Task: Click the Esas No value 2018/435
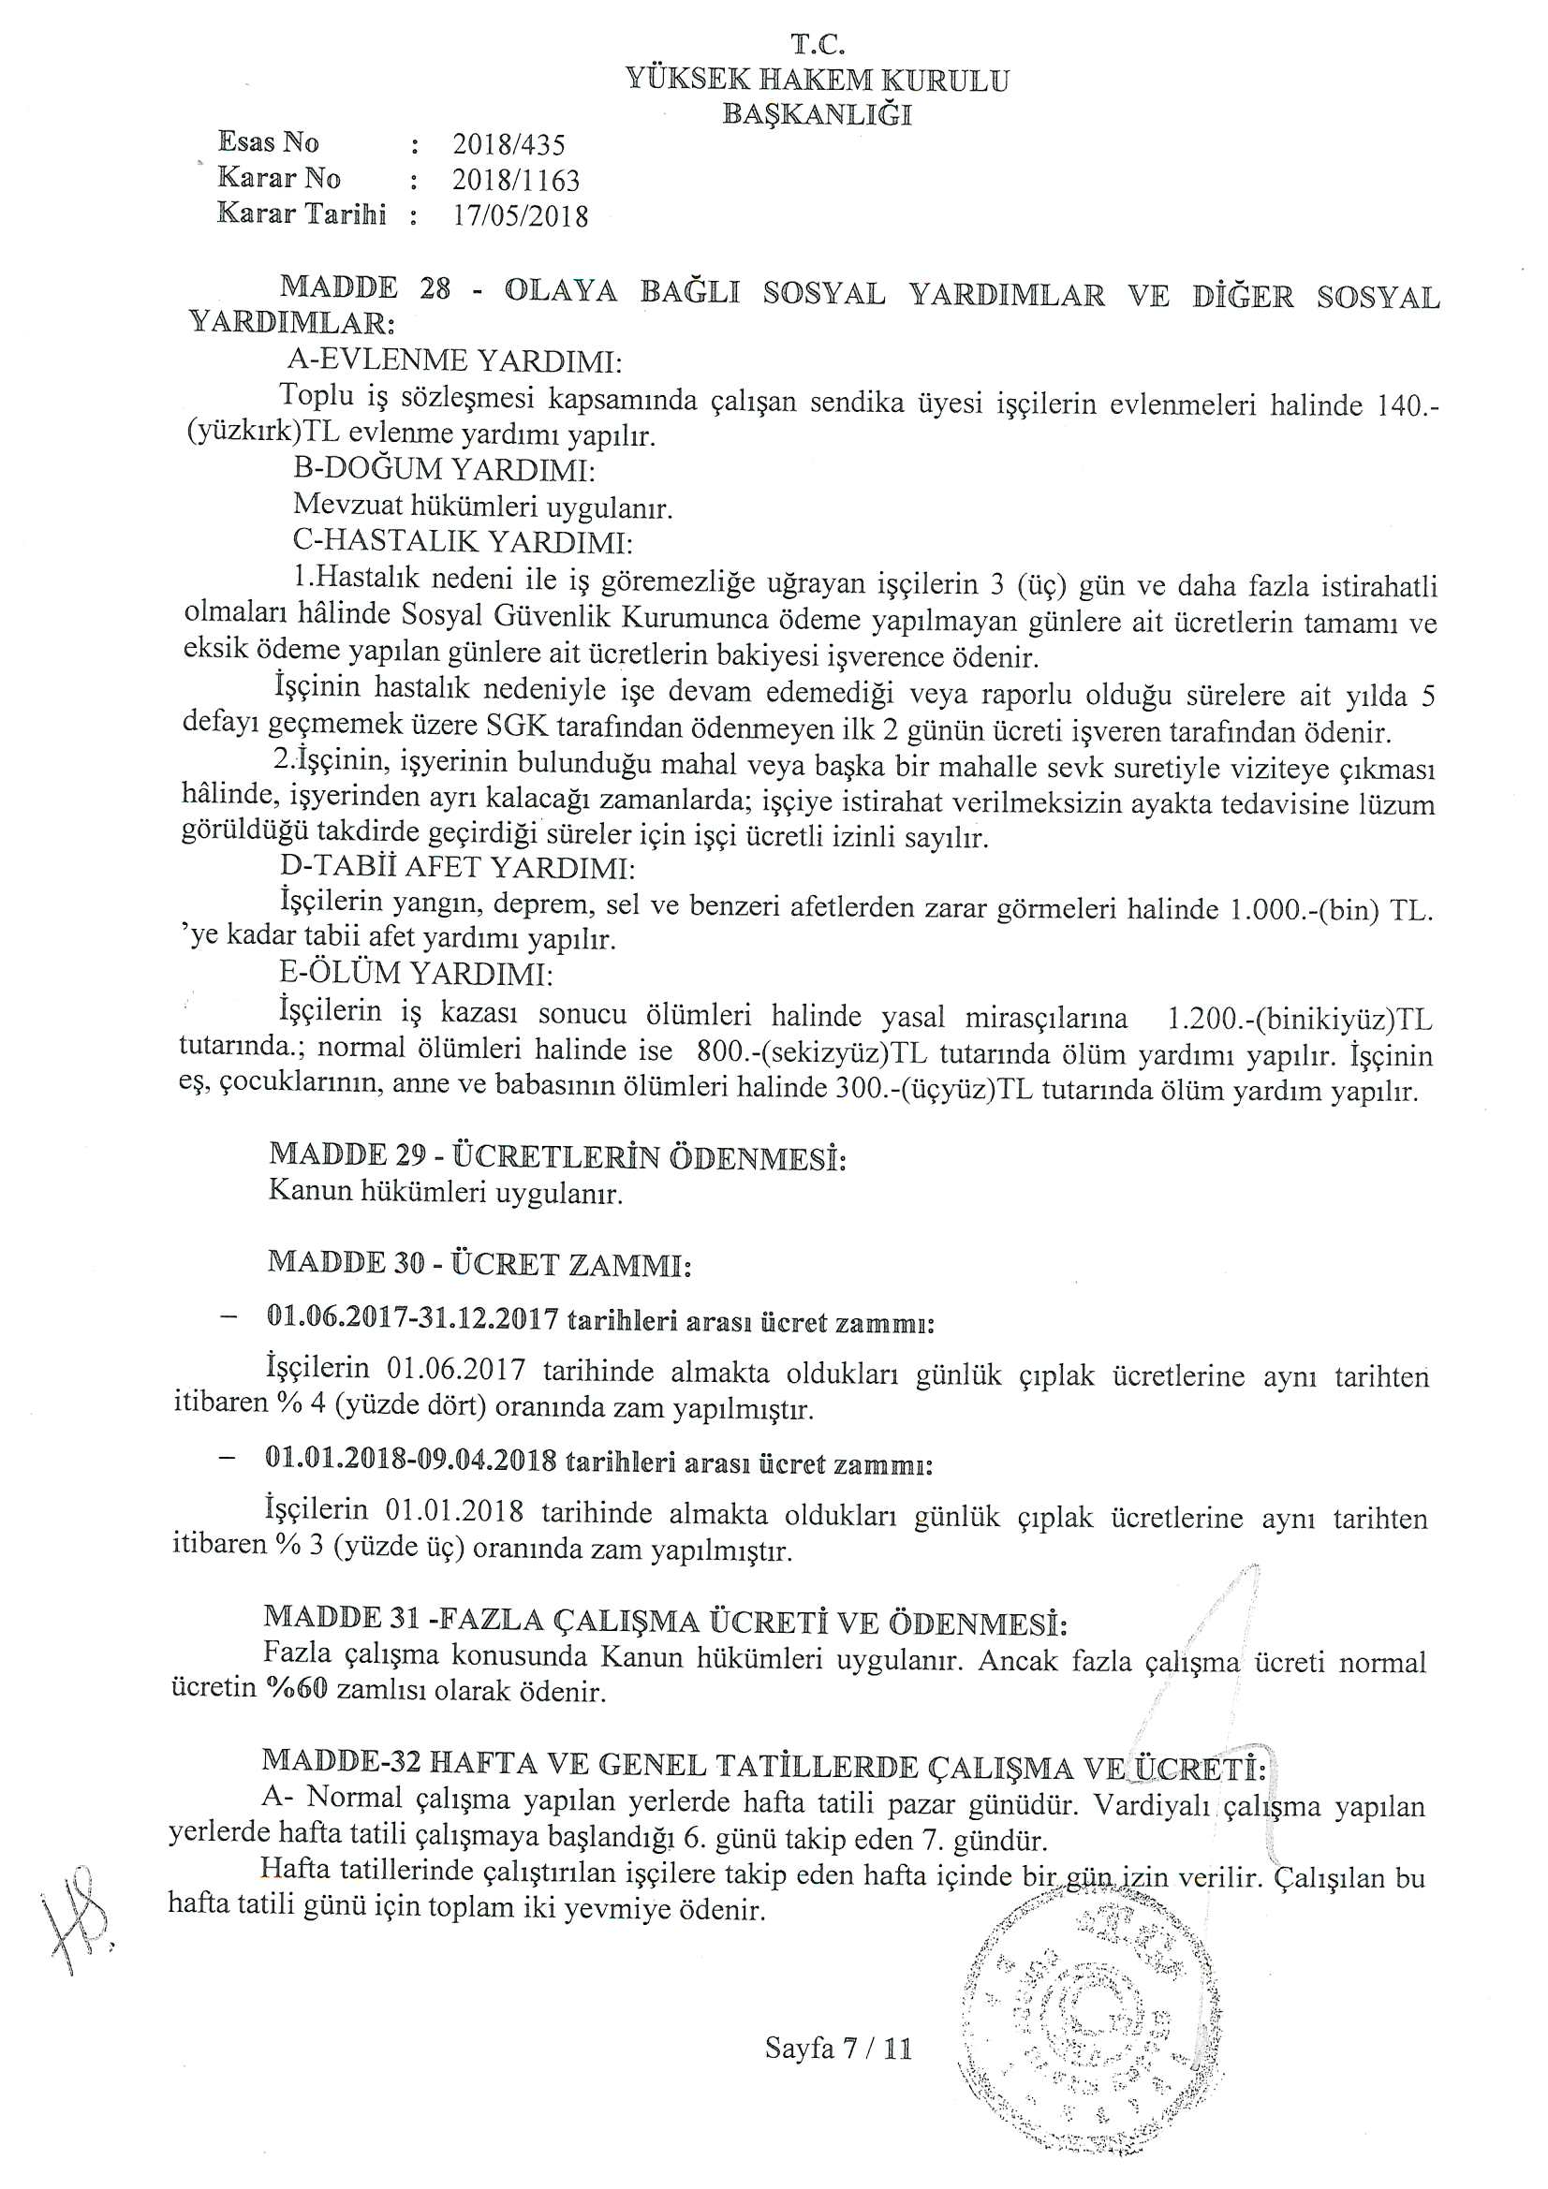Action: (509, 145)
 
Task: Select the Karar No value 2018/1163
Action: (515, 180)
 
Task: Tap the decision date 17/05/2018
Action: (520, 215)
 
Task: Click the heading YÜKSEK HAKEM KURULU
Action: (818, 81)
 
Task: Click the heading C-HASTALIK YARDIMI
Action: (463, 541)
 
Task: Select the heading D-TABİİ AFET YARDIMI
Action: (457, 868)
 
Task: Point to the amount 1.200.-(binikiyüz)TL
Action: (1299, 1020)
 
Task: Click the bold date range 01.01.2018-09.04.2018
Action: (411, 1462)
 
